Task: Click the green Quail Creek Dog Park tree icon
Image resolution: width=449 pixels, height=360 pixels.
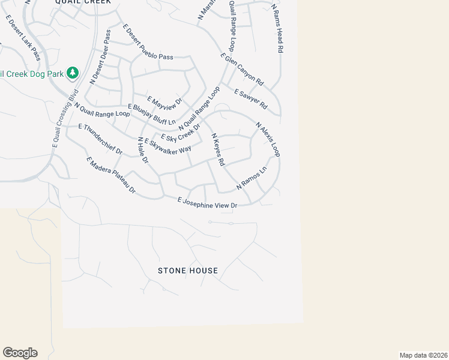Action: pyautogui.click(x=73, y=73)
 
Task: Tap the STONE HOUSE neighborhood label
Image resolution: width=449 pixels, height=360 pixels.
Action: pyautogui.click(x=188, y=271)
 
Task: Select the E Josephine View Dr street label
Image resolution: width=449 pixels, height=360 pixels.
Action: pyautogui.click(x=208, y=203)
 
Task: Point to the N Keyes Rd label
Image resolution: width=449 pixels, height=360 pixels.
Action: pyautogui.click(x=217, y=150)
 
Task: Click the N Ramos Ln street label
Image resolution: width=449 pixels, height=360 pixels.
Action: pyautogui.click(x=251, y=178)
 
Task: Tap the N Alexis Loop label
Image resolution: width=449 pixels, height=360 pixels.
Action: pyautogui.click(x=268, y=140)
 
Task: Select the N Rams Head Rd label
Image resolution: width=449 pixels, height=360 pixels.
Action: pyautogui.click(x=276, y=28)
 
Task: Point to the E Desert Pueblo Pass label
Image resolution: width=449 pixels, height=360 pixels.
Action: pyautogui.click(x=148, y=41)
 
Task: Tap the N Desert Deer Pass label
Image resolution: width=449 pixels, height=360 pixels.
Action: pyautogui.click(x=100, y=57)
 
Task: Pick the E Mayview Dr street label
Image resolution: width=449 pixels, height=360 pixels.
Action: pyautogui.click(x=164, y=103)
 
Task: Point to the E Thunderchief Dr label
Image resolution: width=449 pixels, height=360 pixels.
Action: pyautogui.click(x=100, y=139)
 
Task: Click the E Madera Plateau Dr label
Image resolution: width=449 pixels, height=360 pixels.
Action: pyautogui.click(x=111, y=175)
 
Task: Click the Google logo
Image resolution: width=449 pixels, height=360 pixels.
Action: pyautogui.click(x=20, y=353)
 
